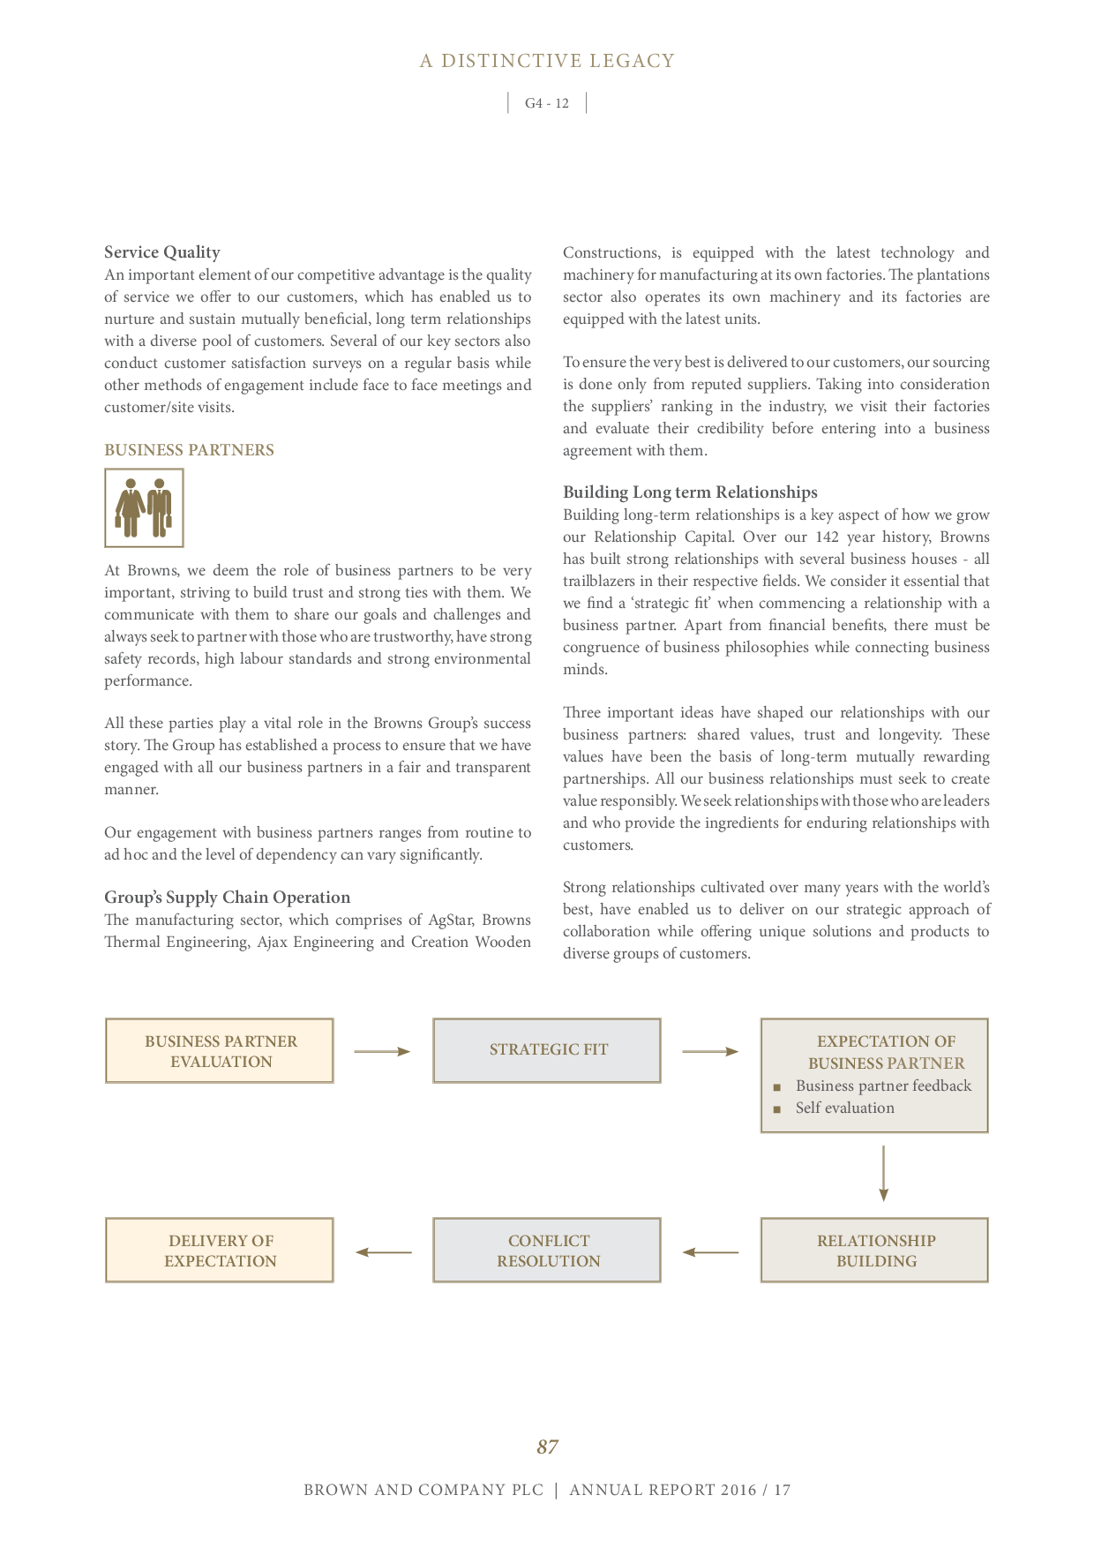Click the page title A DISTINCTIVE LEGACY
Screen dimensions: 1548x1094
click(547, 61)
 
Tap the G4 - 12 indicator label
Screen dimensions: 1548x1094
click(547, 103)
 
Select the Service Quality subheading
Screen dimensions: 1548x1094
click(162, 252)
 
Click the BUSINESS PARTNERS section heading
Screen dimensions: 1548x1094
click(189, 450)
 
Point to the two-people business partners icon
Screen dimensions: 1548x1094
click(144, 508)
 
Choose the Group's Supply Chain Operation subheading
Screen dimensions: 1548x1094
click(227, 898)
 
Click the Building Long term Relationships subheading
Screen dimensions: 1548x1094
click(690, 492)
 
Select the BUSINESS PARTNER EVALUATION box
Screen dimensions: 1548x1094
click(220, 1051)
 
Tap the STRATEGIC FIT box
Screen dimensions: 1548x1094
click(547, 1050)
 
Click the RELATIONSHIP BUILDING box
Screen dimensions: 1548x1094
click(874, 1251)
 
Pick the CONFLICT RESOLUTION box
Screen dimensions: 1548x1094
click(547, 1251)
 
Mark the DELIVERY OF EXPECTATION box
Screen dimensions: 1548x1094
click(220, 1251)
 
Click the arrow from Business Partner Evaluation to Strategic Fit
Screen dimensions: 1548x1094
click(382, 1051)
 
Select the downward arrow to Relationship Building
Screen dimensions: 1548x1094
click(883, 1174)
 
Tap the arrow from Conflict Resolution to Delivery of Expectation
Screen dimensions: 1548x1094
click(384, 1251)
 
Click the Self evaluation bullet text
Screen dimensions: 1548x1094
click(844, 1108)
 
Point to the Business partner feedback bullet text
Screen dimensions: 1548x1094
click(883, 1086)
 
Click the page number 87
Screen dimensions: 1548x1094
click(547, 1447)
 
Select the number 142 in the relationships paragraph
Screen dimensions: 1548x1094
click(827, 537)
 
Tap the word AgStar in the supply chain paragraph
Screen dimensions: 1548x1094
click(450, 920)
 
